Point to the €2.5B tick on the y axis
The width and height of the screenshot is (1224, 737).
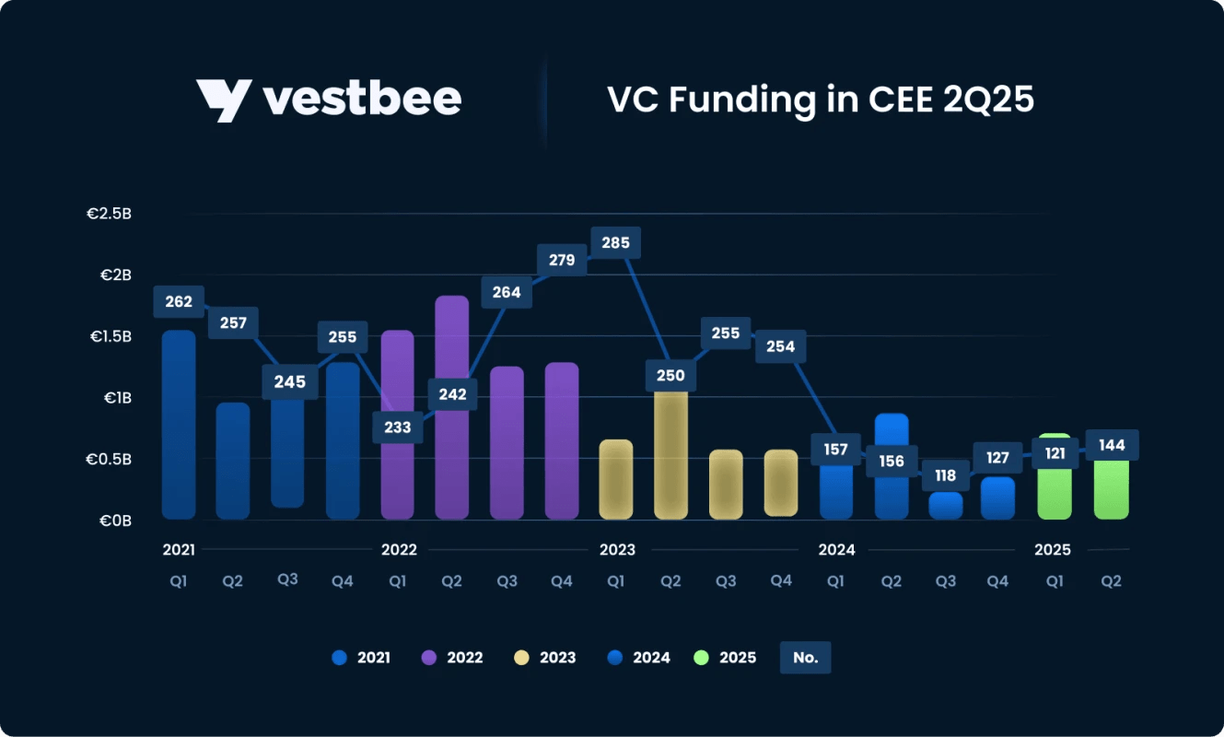[110, 214]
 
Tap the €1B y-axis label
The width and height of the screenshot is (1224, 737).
[115, 398]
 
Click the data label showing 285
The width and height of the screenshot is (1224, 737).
[616, 243]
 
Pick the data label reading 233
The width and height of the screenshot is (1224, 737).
[398, 427]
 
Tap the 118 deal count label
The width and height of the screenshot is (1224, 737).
[945, 476]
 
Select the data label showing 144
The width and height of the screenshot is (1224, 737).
[1113, 446]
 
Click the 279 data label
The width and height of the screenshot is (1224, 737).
[562, 260]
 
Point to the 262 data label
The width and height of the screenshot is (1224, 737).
[179, 301]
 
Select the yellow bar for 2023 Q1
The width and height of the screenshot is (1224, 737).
[616, 479]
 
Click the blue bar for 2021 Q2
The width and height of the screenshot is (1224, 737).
[233, 461]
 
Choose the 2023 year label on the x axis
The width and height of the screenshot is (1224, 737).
[617, 550]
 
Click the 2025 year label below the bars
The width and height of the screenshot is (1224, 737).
[1053, 550]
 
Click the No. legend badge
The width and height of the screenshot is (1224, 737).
[805, 658]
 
